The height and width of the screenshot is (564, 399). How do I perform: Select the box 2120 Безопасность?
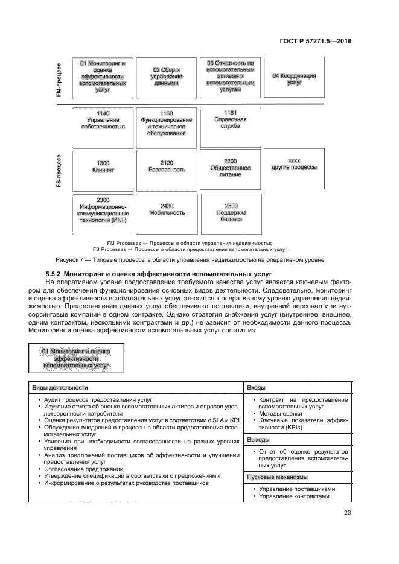click(167, 169)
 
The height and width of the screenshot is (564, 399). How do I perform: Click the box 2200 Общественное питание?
click(231, 169)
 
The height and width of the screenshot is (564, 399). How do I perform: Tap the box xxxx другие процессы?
click(295, 169)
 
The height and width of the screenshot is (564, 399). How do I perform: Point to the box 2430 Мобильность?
click(167, 212)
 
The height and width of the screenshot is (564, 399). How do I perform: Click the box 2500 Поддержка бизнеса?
click(231, 212)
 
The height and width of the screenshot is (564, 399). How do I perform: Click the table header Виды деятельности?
click(59, 387)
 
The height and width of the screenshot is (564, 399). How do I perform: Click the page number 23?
click(347, 513)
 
